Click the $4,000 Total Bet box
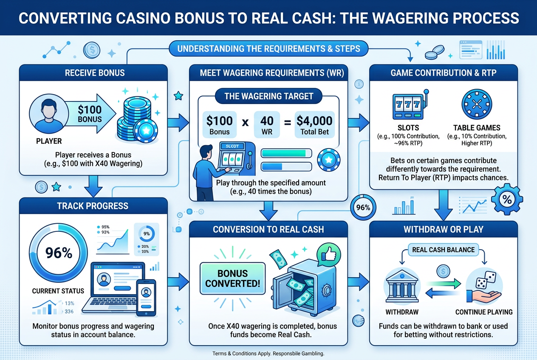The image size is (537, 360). (x=314, y=124)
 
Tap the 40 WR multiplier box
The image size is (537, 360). (x=267, y=124)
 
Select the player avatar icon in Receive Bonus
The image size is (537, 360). (x=49, y=113)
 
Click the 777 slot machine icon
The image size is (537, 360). (x=410, y=105)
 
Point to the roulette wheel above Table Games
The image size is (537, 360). (x=477, y=104)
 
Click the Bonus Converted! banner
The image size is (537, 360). (x=232, y=278)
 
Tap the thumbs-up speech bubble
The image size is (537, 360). (x=328, y=255)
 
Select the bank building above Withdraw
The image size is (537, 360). (x=402, y=286)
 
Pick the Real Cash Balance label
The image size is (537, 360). (x=443, y=250)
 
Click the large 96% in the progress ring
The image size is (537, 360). (x=59, y=253)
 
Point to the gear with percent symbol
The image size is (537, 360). (x=507, y=199)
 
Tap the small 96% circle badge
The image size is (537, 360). (x=363, y=208)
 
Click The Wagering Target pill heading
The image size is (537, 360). (x=269, y=96)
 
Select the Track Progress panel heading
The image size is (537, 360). (x=93, y=206)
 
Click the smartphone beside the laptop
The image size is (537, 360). (x=146, y=298)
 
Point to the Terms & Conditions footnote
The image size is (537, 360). (x=268, y=354)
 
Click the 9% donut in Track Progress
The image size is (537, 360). (x=147, y=234)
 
